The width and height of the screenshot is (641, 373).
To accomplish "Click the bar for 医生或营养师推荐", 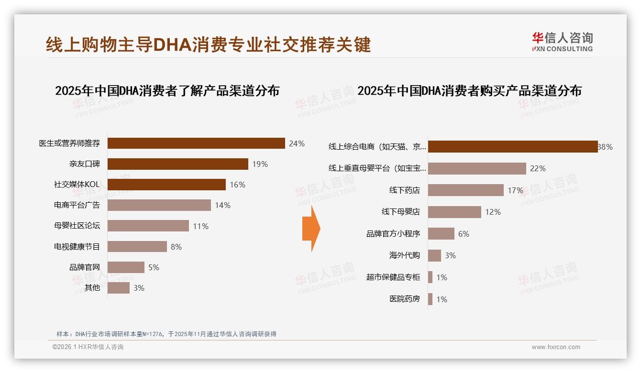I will pos(196,143).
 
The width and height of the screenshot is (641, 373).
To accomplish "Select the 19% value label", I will pos(260,164).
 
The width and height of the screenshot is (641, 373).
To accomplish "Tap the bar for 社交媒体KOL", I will pos(166,185).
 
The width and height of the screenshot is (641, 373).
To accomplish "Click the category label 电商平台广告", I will pos(77,205).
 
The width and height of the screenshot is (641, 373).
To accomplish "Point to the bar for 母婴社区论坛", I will pos(148,226).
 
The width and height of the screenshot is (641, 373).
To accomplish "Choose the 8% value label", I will pos(176,247).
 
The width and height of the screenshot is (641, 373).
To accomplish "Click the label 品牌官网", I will pos(85,267).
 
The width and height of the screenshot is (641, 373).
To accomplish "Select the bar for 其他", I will pos(119,288).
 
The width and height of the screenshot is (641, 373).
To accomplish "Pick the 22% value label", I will pos(538,168).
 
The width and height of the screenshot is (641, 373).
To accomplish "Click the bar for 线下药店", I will pos(466,190).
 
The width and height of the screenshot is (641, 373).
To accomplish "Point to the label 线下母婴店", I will pos(400,212).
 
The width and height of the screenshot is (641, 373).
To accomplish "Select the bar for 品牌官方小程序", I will pos(441,234).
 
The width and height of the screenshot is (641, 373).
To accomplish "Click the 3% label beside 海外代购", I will pos(450,255).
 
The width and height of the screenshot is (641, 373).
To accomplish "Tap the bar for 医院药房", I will pos(431,299).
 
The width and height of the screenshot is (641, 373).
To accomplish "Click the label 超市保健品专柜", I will pos(393,277).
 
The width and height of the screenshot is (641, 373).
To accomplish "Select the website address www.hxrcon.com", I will pos(555,347).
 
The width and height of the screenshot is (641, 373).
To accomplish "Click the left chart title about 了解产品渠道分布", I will pos(167,90).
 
